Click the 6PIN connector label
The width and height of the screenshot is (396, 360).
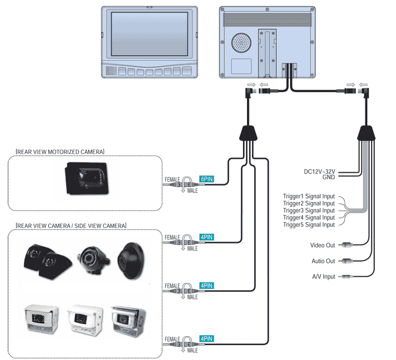click(205, 180)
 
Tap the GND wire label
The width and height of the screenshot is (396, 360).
click(328, 177)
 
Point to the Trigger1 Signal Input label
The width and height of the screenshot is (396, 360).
click(308, 197)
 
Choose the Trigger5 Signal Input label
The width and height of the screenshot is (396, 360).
click(308, 225)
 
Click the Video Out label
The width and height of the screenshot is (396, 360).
click(322, 245)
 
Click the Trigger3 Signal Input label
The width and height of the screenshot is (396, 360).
click(308, 210)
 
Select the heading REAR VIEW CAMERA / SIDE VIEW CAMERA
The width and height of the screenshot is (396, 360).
click(71, 225)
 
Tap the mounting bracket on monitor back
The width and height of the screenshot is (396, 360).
click(267, 52)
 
